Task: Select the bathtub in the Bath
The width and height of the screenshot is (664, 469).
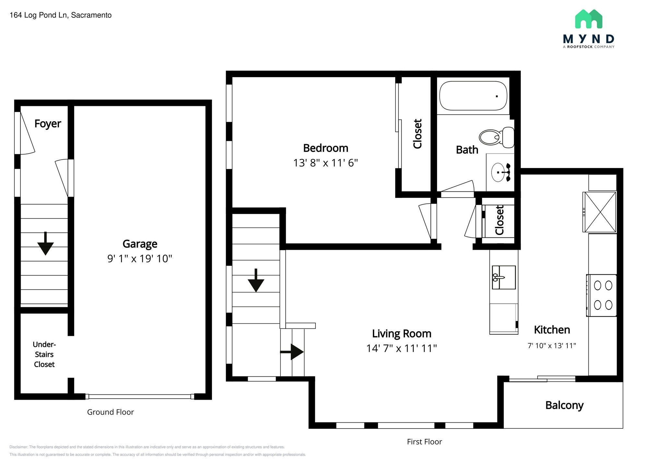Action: click(473, 96)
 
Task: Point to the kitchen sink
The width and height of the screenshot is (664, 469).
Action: click(504, 277)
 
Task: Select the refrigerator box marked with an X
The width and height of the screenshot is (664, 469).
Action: click(600, 212)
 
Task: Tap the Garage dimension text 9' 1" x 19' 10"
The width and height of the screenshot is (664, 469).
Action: click(140, 258)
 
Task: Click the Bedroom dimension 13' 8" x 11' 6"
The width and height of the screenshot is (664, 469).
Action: click(326, 163)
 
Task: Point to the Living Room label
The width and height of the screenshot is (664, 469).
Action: click(401, 334)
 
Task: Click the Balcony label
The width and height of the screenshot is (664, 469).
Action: click(564, 405)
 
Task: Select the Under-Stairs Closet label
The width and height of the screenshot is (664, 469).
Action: click(44, 354)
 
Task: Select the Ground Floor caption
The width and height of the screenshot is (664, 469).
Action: click(110, 412)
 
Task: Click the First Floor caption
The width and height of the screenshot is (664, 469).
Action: click(424, 442)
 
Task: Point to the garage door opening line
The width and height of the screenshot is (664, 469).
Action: click(139, 396)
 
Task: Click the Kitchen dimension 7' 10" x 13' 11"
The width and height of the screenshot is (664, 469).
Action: click(551, 346)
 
